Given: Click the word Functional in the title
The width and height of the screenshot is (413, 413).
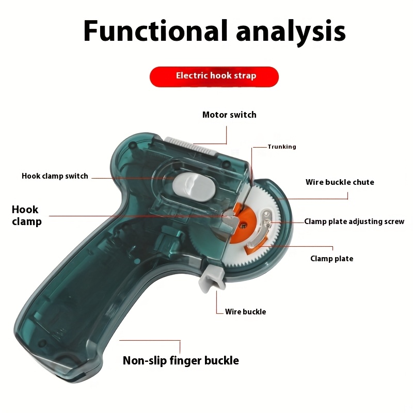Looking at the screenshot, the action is point(155,31).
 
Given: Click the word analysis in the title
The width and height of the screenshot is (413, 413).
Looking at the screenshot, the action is point(291,33).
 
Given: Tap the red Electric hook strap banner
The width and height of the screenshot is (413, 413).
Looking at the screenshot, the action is point(214,76).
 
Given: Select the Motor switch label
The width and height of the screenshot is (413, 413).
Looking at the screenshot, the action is point(229,115).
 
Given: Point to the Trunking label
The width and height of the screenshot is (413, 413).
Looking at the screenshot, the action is point(282,147).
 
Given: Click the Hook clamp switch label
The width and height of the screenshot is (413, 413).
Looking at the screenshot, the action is point(55,176).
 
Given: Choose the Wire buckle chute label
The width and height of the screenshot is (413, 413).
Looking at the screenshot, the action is point(340,182).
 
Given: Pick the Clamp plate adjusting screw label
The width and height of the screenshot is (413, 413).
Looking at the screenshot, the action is point(354,221).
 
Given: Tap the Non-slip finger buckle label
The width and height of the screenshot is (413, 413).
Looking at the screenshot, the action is point(181,360).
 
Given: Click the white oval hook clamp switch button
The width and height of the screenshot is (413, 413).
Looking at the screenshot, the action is point(194,187).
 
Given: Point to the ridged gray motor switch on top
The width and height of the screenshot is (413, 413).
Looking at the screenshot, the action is point(190,146).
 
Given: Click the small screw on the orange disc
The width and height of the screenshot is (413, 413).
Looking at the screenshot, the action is point(244,225).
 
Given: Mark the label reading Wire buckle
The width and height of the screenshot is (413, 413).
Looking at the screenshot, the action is point(246,312).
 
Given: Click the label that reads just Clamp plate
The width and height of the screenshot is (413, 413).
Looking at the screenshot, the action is point(332,259).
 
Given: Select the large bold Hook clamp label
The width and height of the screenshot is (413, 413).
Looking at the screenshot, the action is point(27,215).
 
